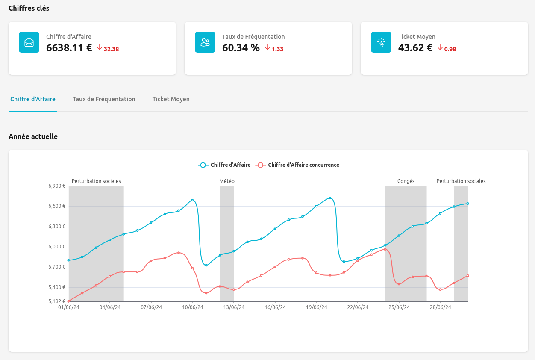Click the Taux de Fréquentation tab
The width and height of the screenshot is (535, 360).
click(104, 99)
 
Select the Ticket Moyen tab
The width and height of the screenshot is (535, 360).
click(171, 99)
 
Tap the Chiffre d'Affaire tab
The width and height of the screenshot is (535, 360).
click(33, 99)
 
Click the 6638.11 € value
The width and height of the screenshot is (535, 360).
click(69, 48)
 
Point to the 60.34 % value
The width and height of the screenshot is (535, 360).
click(241, 48)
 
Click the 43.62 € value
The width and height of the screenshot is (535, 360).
click(415, 48)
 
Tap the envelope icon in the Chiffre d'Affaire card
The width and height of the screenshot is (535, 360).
click(29, 42)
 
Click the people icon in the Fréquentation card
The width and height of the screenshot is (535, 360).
click(205, 42)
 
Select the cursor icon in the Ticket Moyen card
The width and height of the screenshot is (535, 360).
click(381, 42)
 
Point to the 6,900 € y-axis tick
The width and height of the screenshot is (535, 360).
click(57, 186)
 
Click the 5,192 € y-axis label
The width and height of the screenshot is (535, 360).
click(57, 301)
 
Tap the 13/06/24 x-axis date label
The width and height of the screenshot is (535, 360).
click(234, 307)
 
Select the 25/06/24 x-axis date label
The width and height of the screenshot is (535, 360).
click(399, 307)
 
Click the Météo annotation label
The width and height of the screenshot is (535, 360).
click(227, 181)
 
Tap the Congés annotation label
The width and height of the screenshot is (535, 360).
click(406, 181)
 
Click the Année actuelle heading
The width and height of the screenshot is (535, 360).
click(33, 136)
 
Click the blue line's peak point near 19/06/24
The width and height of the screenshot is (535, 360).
click(330, 198)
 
